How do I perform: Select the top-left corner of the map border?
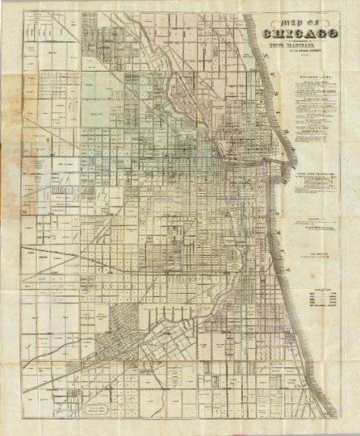pyautogui.click(x=23, y=12)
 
